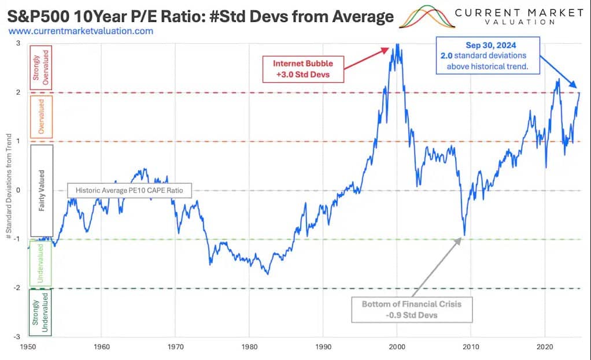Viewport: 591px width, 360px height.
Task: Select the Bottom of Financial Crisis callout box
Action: point(412,310)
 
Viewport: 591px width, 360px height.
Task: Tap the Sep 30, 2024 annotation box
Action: point(489,56)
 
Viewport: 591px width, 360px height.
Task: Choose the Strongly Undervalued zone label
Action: point(40,313)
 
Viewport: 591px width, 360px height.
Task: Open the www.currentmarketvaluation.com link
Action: point(81,31)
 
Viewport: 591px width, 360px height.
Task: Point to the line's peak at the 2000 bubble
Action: point(397,44)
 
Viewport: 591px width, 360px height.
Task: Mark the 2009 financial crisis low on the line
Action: point(464,235)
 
